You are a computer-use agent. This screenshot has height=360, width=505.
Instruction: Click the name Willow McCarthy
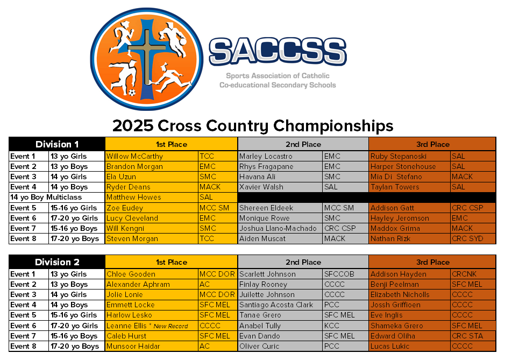click(x=134, y=156)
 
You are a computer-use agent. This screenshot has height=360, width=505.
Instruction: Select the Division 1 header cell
click(x=57, y=144)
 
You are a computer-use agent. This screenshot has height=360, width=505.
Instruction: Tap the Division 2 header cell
click(x=57, y=262)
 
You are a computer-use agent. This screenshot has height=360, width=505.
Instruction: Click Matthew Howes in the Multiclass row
click(x=134, y=197)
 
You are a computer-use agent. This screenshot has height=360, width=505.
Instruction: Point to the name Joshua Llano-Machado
click(x=278, y=229)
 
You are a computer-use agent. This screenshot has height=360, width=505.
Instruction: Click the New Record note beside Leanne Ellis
click(x=168, y=326)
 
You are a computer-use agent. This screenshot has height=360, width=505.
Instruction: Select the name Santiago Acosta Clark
click(x=276, y=305)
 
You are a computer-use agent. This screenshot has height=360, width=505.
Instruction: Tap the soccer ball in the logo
click(x=132, y=93)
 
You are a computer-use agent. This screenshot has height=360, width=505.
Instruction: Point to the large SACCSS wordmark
click(x=278, y=51)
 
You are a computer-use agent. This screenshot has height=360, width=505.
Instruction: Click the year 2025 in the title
click(x=133, y=126)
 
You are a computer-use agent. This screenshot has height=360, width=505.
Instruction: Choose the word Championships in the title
click(x=333, y=126)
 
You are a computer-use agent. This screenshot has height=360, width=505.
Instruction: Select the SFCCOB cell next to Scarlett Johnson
click(x=339, y=274)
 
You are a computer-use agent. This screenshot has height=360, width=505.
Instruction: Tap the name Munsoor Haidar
click(x=133, y=347)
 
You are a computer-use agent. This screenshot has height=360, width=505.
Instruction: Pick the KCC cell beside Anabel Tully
click(x=332, y=326)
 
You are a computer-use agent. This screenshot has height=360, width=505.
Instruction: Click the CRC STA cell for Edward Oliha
click(x=467, y=336)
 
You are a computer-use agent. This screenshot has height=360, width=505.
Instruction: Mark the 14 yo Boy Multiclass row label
click(x=46, y=197)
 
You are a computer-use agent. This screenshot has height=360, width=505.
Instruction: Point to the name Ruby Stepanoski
click(x=399, y=156)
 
